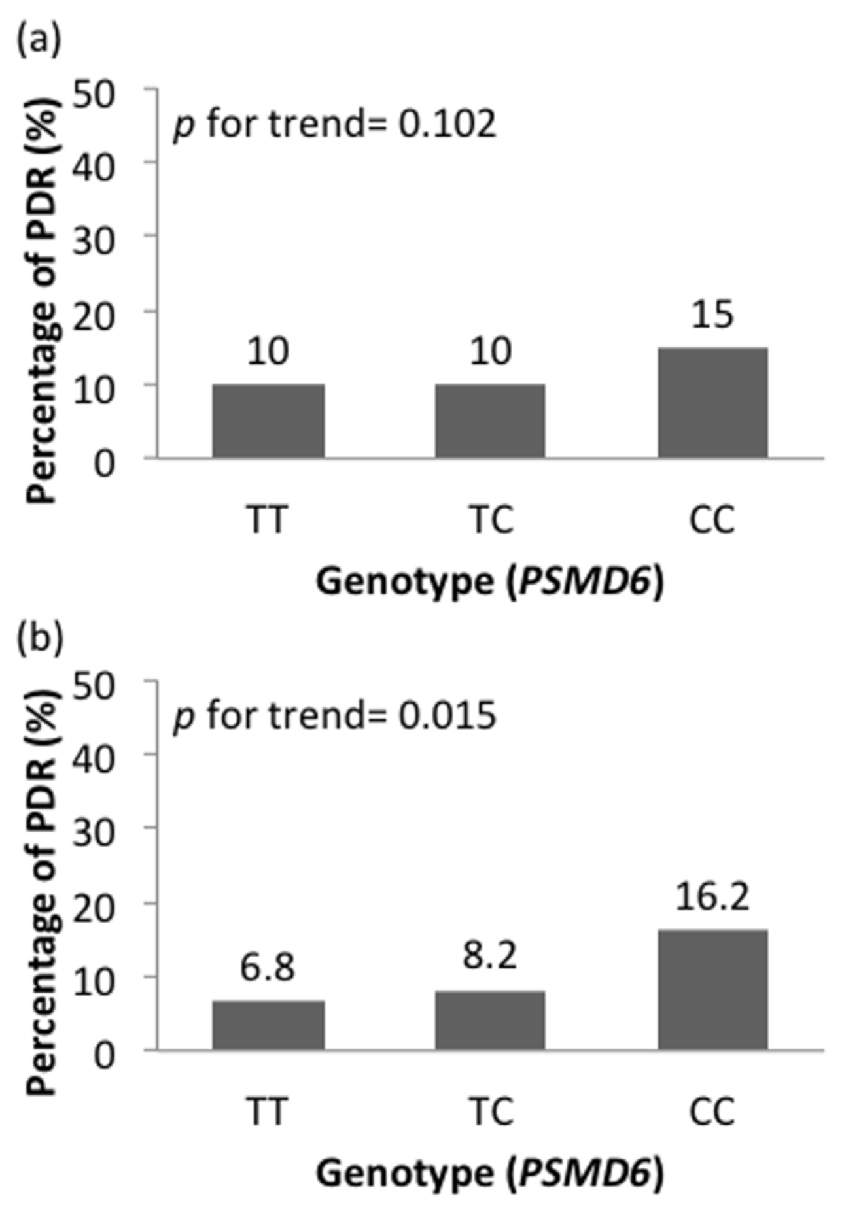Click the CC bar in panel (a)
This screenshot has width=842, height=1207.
712,403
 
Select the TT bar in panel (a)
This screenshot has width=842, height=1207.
268,421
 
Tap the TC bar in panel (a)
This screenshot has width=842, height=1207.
490,421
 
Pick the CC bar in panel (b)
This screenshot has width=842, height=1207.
712,989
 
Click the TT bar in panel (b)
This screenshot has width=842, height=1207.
268,1025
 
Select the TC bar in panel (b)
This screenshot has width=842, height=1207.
490,1020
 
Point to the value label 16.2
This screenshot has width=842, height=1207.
712,897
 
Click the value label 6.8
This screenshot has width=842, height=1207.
268,968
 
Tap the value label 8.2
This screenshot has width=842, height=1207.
490,956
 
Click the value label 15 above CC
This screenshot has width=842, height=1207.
712,314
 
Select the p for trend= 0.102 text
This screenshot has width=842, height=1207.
334,124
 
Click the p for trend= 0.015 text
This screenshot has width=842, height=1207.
334,716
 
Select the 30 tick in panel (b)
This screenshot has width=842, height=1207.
94,832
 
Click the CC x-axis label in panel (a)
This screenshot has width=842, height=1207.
712,520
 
